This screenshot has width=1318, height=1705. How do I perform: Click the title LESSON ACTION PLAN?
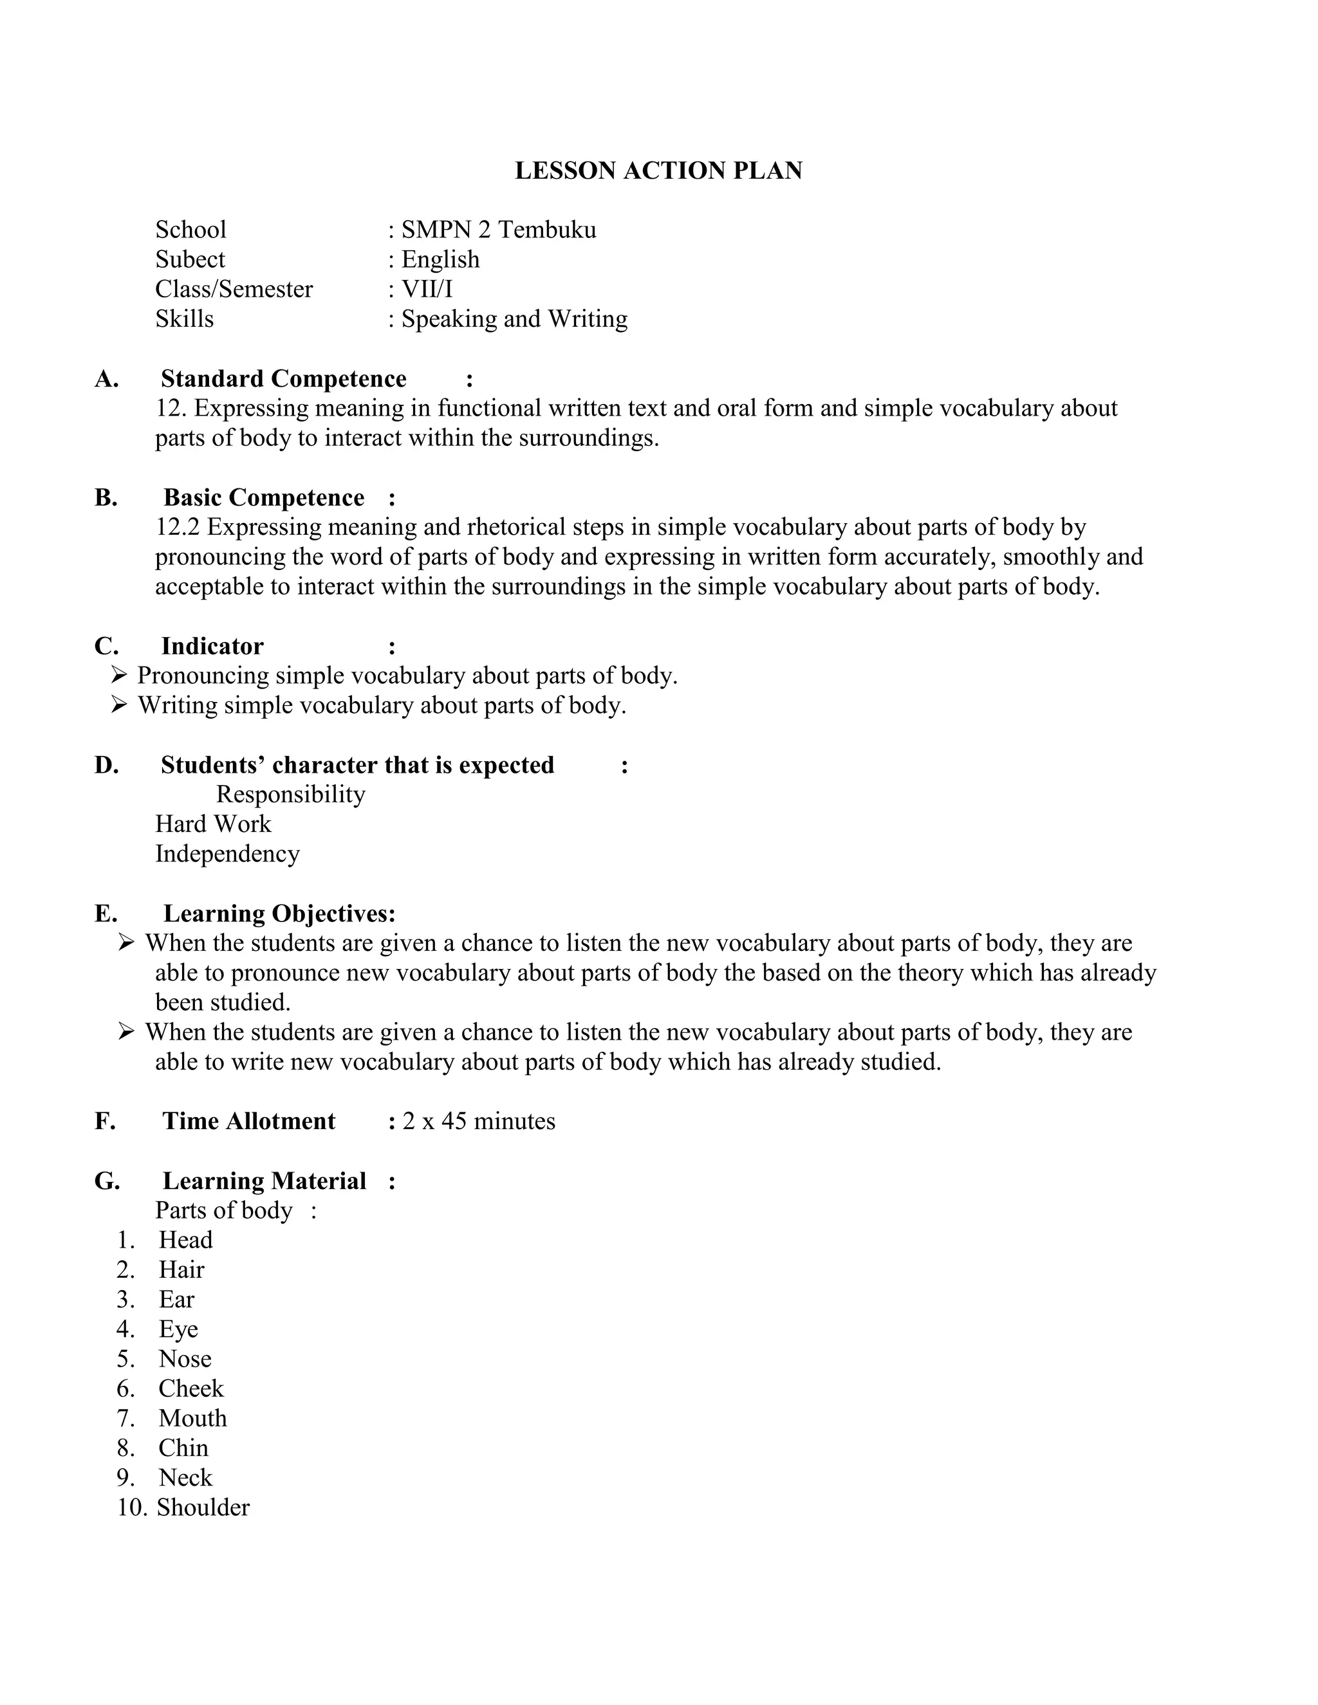[658, 171]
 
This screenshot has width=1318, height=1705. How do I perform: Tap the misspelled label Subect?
[190, 259]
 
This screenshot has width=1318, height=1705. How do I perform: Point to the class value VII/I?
[427, 289]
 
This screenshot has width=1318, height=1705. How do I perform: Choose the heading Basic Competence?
[264, 497]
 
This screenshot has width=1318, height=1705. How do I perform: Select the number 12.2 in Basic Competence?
[178, 527]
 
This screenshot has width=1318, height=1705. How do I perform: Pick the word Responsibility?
[290, 794]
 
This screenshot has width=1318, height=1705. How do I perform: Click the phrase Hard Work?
[213, 824]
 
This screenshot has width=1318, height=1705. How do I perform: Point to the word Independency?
[227, 853]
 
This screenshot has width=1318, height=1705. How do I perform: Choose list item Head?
[186, 1240]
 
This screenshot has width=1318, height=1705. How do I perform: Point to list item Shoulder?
[203, 1507]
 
